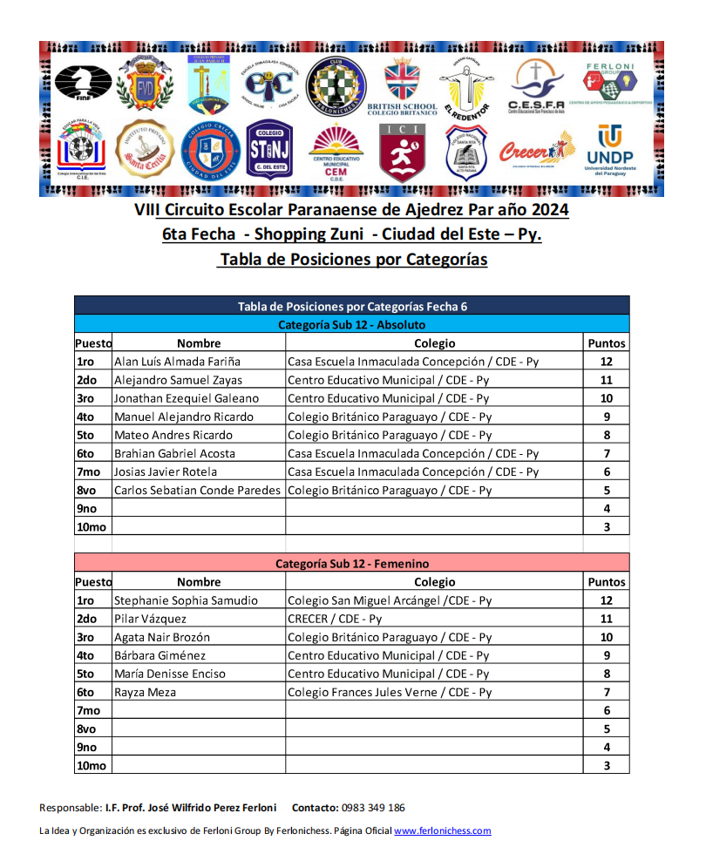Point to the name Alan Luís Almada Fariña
pyautogui.click(x=177, y=362)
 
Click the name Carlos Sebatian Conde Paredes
pyautogui.click(x=198, y=490)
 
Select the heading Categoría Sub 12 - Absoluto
pyautogui.click(x=351, y=324)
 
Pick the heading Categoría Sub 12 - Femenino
pyautogui.click(x=351, y=563)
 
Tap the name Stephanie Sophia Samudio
pyautogui.click(x=186, y=600)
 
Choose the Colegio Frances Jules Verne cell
pyautogui.click(x=390, y=692)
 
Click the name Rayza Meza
pyautogui.click(x=145, y=692)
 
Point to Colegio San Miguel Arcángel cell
pyautogui.click(x=390, y=600)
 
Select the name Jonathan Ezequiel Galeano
pyautogui.click(x=187, y=398)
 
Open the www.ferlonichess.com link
pyautogui.click(x=443, y=830)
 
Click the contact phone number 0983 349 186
pyautogui.click(x=373, y=808)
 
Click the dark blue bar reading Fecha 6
pyautogui.click(x=351, y=306)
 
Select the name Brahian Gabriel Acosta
pyautogui.click(x=174, y=453)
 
